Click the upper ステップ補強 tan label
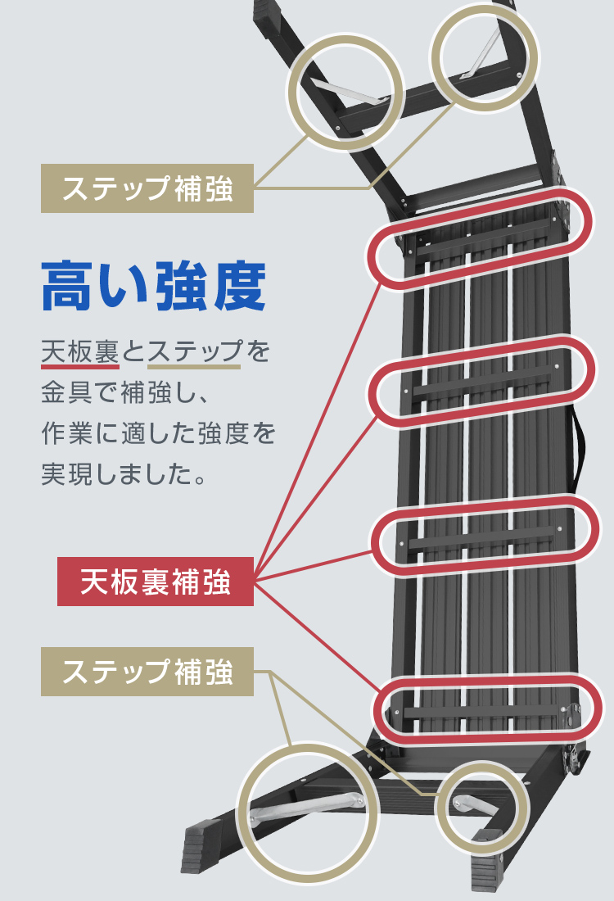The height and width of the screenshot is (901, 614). [x=147, y=188]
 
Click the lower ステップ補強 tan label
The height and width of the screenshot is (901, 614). [x=147, y=672]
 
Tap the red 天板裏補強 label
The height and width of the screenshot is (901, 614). [x=156, y=582]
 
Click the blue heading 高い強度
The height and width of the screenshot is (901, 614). [x=154, y=286]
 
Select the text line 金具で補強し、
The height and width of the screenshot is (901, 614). [x=127, y=393]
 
